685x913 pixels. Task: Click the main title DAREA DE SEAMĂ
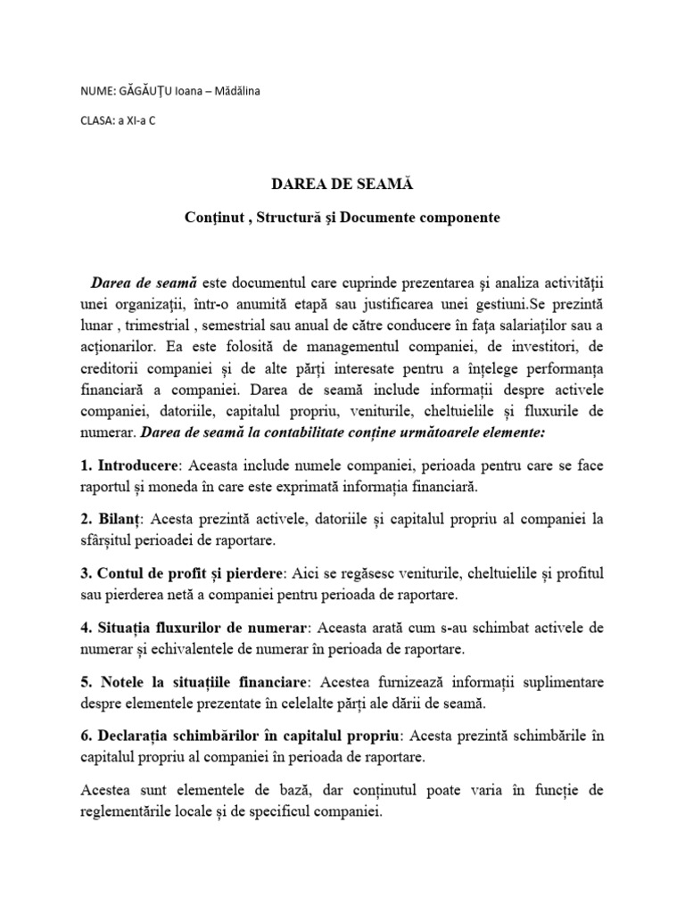coord(342,184)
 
